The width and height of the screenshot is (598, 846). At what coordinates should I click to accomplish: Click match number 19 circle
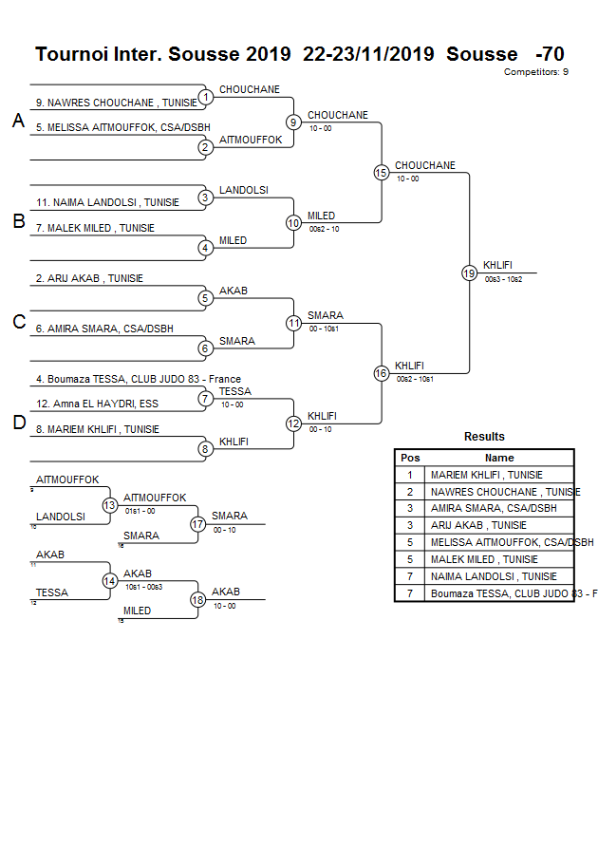coord(469,273)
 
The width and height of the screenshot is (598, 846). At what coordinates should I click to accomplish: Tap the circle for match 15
coord(381,172)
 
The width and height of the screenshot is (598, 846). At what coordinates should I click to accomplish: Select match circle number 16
coord(381,373)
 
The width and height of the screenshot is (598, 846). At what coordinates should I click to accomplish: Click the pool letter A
coord(18,121)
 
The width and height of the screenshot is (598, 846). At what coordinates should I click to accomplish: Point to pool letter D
coord(18,423)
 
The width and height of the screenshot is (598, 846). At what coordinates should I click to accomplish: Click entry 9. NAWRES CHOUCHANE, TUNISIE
coord(117,103)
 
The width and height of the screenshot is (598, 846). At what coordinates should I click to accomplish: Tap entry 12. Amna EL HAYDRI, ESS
coord(97,404)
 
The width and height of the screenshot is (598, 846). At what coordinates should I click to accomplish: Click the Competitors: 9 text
coord(535,72)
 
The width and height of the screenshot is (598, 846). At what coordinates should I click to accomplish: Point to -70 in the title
coord(550,54)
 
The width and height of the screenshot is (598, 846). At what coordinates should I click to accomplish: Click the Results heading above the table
coord(484,437)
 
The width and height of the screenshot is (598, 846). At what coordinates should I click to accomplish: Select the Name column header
coord(499,458)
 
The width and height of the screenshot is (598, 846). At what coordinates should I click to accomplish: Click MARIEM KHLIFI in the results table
coord(487,475)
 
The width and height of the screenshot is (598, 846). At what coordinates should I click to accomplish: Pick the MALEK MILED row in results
coord(484,559)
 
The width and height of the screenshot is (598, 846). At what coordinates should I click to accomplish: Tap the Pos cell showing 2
coord(410,492)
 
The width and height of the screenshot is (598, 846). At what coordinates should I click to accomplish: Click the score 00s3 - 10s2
coord(503,279)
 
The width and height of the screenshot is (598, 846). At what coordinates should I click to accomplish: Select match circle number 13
coord(109,505)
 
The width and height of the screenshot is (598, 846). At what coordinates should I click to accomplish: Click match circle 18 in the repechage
coord(197,599)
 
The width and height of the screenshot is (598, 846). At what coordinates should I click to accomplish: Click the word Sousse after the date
coord(481,54)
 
